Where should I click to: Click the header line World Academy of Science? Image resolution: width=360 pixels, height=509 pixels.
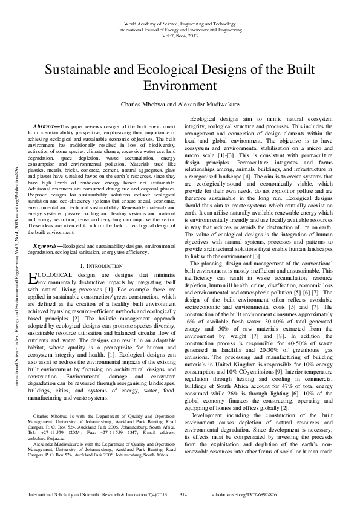pyautogui.click(x=180, y=22)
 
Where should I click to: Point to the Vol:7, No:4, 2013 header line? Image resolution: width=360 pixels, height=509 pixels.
pyautogui.click(x=180, y=35)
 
